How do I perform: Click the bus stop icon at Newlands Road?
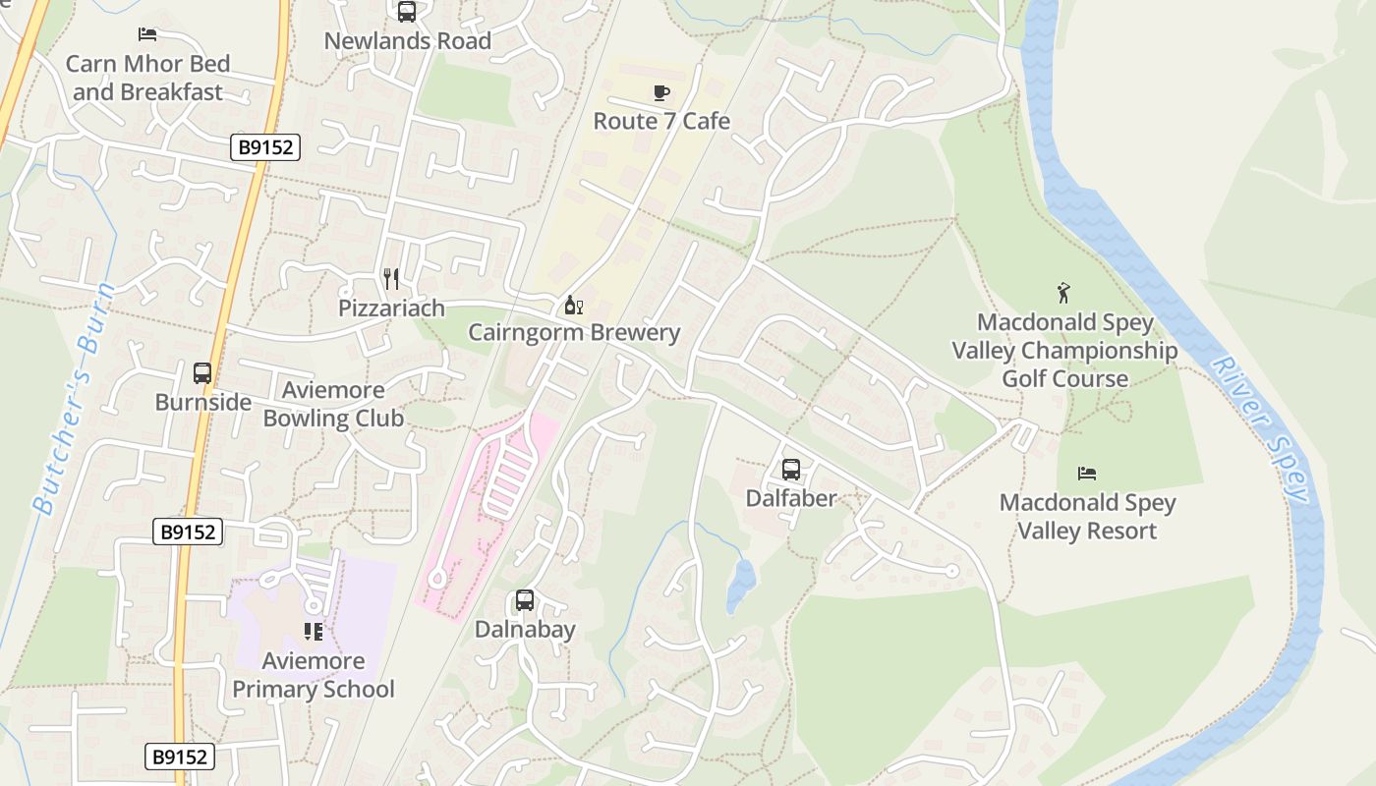(406, 12)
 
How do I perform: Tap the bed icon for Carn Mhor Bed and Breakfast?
(147, 34)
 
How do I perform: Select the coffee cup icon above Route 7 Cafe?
(661, 92)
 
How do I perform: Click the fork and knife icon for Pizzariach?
(391, 279)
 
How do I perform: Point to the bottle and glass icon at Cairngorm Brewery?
(573, 305)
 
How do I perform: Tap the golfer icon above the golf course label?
(1063, 293)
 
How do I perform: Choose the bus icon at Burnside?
(202, 373)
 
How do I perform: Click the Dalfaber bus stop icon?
(791, 470)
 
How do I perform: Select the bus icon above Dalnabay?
(525, 600)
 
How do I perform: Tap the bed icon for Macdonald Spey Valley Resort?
(1087, 474)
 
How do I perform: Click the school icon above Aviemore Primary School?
(314, 631)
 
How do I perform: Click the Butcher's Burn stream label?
(75, 400)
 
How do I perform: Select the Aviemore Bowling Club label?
(333, 404)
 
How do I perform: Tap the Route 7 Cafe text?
(661, 121)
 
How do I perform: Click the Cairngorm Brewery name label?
(574, 332)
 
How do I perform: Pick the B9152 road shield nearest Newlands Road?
(265, 147)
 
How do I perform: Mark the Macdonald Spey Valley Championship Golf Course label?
(1064, 351)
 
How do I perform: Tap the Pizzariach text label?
(391, 308)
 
